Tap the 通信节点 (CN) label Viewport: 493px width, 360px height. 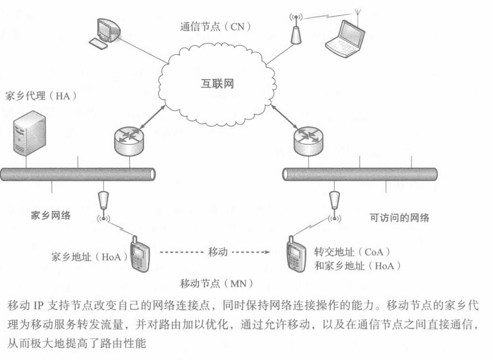(x=215, y=25)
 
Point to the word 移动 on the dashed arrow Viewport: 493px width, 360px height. (x=218, y=252)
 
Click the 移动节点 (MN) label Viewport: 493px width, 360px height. (x=217, y=284)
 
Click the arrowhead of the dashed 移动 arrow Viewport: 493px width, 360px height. (x=268, y=252)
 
